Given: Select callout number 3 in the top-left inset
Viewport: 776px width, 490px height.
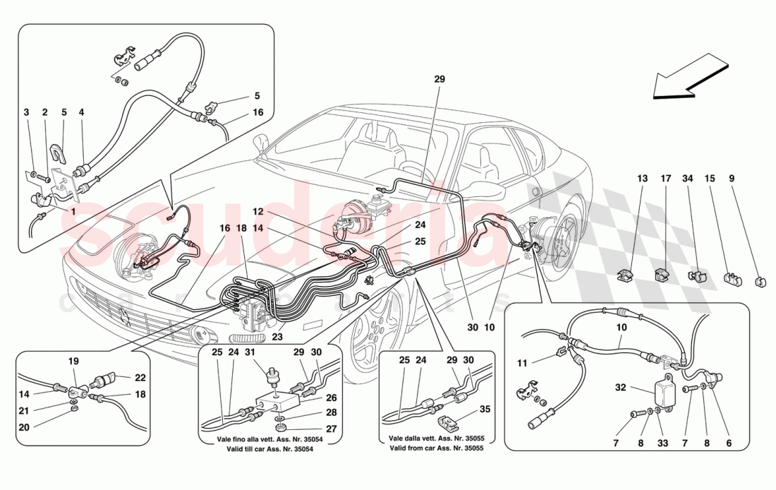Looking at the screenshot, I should tap(26, 112).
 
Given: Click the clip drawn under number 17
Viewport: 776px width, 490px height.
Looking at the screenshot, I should tap(665, 272).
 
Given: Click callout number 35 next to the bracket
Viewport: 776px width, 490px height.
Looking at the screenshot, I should tap(485, 408).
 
